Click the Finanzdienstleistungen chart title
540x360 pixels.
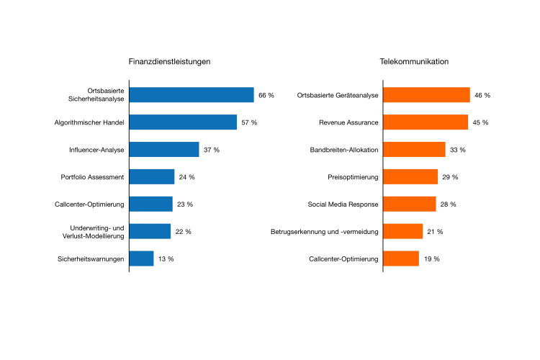pyautogui.click(x=169, y=62)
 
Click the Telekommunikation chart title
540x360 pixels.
pyautogui.click(x=414, y=62)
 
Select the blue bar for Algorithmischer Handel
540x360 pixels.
pyautogui.click(x=183, y=122)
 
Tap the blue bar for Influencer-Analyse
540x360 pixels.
pyautogui.click(x=164, y=150)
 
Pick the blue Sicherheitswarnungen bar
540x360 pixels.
pyautogui.click(x=142, y=258)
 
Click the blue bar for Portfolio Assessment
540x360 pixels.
pyautogui.click(x=152, y=177)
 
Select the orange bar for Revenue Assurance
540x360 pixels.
pyautogui.click(x=426, y=122)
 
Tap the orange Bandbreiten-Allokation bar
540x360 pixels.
pyautogui.click(x=414, y=150)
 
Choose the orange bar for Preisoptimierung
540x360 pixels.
pyautogui.click(x=410, y=177)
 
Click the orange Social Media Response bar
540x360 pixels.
pyautogui.click(x=410, y=204)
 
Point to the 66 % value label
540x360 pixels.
pyautogui.click(x=266, y=96)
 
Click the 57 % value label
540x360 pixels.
pyautogui.click(x=249, y=123)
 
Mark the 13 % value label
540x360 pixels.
pyautogui.click(x=166, y=259)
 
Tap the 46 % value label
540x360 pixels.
pyautogui.click(x=482, y=96)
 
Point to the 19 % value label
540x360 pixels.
pyautogui.click(x=431, y=259)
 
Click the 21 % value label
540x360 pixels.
pyautogui.click(x=435, y=232)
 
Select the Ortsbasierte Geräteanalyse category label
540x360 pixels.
pyautogui.click(x=338, y=96)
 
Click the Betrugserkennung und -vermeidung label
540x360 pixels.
pyautogui.click(x=325, y=232)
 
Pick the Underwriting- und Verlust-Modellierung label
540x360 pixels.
pyautogui.click(x=92, y=232)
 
